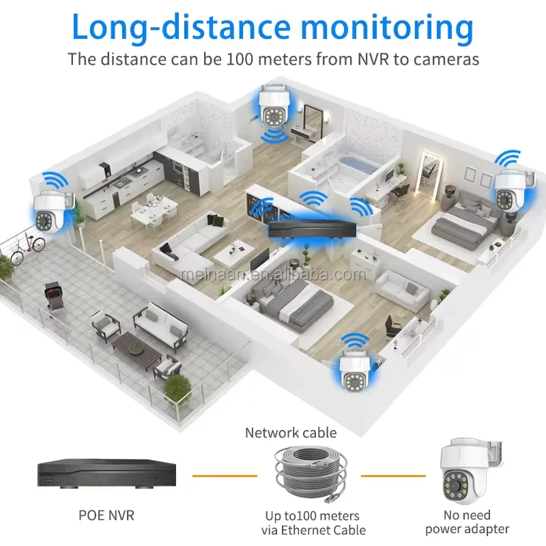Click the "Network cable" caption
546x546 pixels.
[x=291, y=432]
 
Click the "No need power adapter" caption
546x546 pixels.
[x=468, y=522]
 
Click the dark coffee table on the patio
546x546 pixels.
[x=136, y=345]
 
